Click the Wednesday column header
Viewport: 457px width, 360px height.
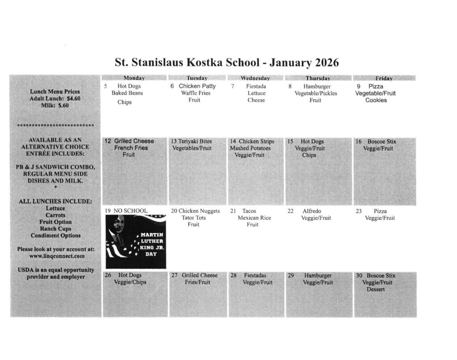tap(255, 78)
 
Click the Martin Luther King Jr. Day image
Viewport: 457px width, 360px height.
tap(135, 241)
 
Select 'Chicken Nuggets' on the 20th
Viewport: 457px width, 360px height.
tap(199, 211)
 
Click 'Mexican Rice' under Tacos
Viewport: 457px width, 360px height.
tap(254, 218)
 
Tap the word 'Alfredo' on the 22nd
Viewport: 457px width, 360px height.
tap(312, 211)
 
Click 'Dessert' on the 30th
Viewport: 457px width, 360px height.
tap(377, 290)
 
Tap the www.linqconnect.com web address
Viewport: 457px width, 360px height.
tap(55, 257)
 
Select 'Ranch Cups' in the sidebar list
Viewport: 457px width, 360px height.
tap(55, 229)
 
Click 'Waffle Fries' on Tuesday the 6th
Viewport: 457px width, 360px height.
tap(195, 93)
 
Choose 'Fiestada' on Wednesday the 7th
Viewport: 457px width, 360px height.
tap(256, 86)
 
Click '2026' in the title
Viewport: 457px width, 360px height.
tap(324, 61)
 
